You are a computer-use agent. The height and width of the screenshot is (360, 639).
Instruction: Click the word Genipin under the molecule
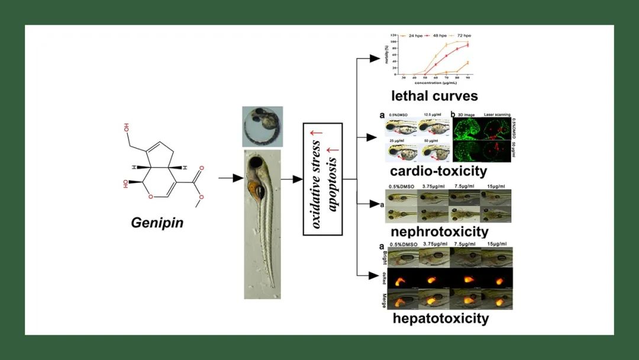tap(157, 223)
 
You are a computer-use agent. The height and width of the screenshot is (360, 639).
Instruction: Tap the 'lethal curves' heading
tap(434, 95)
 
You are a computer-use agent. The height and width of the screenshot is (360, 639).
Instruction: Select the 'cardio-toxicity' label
tap(438, 171)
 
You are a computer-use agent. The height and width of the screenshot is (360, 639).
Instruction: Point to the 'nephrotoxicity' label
tap(439, 231)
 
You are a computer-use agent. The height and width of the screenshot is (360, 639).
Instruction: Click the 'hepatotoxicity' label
tap(441, 318)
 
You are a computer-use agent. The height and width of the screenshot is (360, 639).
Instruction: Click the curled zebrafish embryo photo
tap(262, 127)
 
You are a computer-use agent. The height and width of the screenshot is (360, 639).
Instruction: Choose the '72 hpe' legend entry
tap(462, 36)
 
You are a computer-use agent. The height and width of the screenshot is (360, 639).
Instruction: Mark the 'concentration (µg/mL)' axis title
tap(435, 83)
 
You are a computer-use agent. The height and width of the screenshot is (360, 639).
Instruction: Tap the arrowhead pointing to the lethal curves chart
tap(374, 58)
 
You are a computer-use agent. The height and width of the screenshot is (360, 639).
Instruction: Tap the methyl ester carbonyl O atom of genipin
tap(201, 168)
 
